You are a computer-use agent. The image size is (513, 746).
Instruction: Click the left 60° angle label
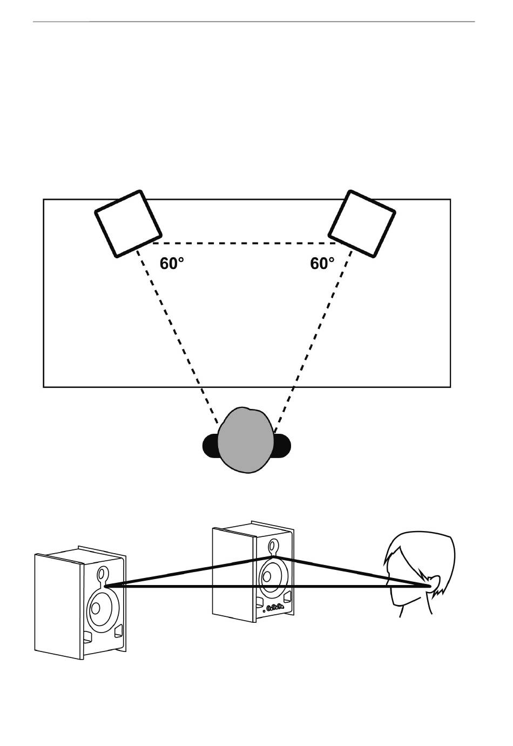[x=172, y=264]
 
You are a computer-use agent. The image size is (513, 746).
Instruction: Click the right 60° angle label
[x=322, y=264]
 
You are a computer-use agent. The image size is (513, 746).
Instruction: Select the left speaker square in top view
[x=129, y=223]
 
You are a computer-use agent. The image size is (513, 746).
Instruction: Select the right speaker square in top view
[x=362, y=223]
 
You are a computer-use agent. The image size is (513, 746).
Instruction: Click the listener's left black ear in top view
[x=210, y=446]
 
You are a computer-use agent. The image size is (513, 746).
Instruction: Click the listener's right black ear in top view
[x=283, y=446]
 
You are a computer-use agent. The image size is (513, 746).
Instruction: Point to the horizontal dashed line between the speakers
[x=246, y=243]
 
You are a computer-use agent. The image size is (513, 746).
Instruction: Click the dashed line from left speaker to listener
[x=178, y=335]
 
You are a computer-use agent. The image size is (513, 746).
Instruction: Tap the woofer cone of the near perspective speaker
[x=100, y=608]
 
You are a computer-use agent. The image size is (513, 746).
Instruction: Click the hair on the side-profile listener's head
[x=427, y=551]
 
